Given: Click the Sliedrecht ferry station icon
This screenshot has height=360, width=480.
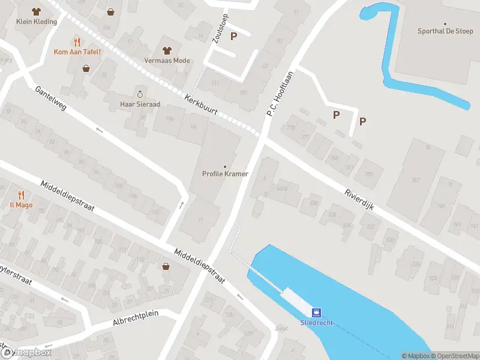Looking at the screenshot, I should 315,312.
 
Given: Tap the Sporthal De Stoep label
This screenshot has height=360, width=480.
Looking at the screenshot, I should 445,31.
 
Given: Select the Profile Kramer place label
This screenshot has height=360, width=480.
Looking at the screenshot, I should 225,175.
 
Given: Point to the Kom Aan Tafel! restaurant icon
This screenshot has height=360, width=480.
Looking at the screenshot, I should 77,42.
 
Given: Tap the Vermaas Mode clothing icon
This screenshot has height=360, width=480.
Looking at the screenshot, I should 166,50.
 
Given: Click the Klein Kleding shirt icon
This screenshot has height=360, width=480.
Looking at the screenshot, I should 36,11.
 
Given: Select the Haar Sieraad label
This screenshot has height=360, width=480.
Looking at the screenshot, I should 140,104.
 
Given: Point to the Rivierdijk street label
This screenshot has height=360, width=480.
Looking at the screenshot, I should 359,199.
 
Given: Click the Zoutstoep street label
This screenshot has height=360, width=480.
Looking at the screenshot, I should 219,28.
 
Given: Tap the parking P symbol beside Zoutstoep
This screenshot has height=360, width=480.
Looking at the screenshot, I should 233,36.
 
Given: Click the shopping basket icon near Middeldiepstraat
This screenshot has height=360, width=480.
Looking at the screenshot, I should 166,266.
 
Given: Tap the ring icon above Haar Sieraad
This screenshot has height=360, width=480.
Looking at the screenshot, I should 140,94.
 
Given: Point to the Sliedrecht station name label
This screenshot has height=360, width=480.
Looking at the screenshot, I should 316,322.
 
